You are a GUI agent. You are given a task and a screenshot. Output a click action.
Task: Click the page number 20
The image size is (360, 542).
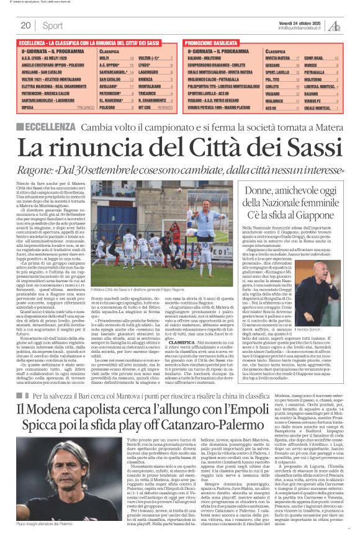(x=25, y=25)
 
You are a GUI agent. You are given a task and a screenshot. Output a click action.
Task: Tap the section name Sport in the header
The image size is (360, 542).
(x=53, y=25)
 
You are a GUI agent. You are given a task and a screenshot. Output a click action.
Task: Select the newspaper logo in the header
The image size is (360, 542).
(x=335, y=25)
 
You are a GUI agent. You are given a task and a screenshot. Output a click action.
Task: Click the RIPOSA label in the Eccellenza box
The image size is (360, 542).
(x=27, y=107)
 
